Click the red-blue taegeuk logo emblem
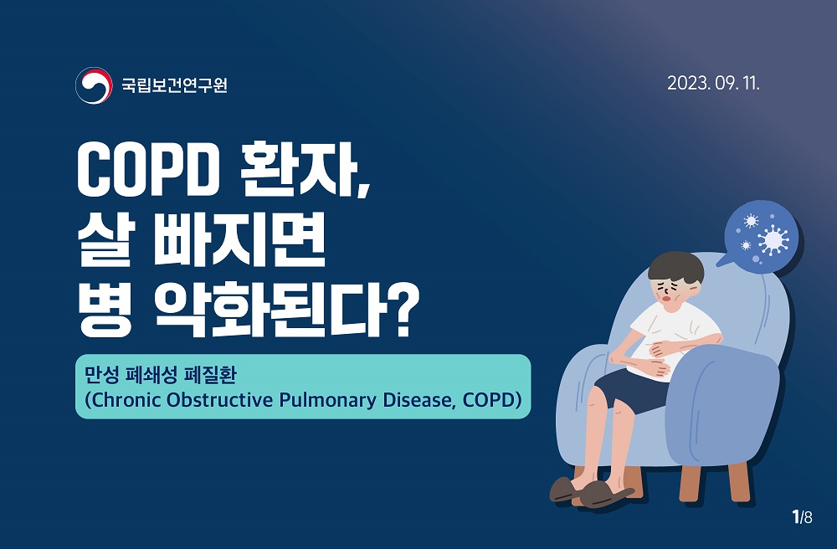click(x=94, y=85)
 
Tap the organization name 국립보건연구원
click(x=175, y=85)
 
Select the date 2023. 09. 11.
click(x=713, y=83)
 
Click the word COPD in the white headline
click(x=148, y=170)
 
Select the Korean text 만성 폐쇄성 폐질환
click(x=160, y=375)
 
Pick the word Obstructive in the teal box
click(x=220, y=399)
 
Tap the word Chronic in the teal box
click(x=126, y=399)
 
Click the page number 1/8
click(x=803, y=516)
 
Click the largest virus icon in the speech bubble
click(x=773, y=239)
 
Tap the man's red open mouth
click(x=667, y=299)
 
